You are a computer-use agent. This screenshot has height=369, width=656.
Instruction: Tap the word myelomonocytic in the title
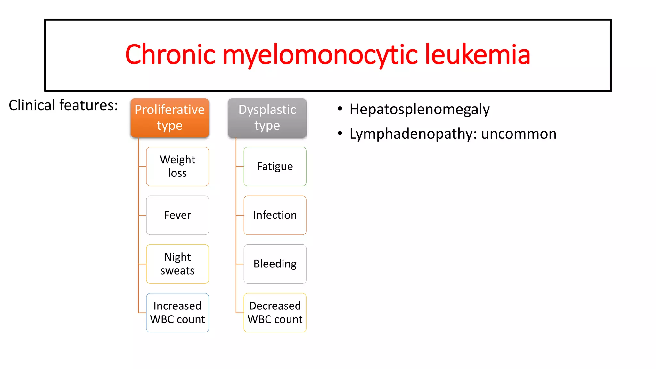point(320,55)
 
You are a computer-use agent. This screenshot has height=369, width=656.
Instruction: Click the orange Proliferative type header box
point(170,118)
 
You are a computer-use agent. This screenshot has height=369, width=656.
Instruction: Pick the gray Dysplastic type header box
point(267,118)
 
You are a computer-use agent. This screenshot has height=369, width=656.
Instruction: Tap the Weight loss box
point(177,167)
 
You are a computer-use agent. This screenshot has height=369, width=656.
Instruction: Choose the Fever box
point(177,215)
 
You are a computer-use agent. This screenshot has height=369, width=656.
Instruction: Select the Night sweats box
point(177,264)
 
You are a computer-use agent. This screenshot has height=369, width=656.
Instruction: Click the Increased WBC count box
point(177,313)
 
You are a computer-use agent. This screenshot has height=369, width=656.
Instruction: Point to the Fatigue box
point(275,167)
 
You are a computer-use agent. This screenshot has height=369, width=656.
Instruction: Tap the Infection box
point(275,215)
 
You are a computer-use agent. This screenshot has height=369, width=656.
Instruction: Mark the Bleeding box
point(275,264)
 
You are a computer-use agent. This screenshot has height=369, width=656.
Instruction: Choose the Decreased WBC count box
point(275,313)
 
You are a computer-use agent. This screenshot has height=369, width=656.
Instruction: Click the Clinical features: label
point(63,105)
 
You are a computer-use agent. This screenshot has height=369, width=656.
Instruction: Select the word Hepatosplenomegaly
point(420,110)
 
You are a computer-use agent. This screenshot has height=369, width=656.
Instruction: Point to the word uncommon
point(519,134)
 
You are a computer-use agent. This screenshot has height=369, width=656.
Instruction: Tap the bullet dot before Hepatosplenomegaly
point(340,109)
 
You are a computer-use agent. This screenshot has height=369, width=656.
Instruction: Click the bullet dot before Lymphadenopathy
point(340,133)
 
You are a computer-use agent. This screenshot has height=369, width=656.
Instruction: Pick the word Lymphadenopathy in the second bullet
point(410,134)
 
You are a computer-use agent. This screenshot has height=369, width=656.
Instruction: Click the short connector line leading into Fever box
point(143,215)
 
